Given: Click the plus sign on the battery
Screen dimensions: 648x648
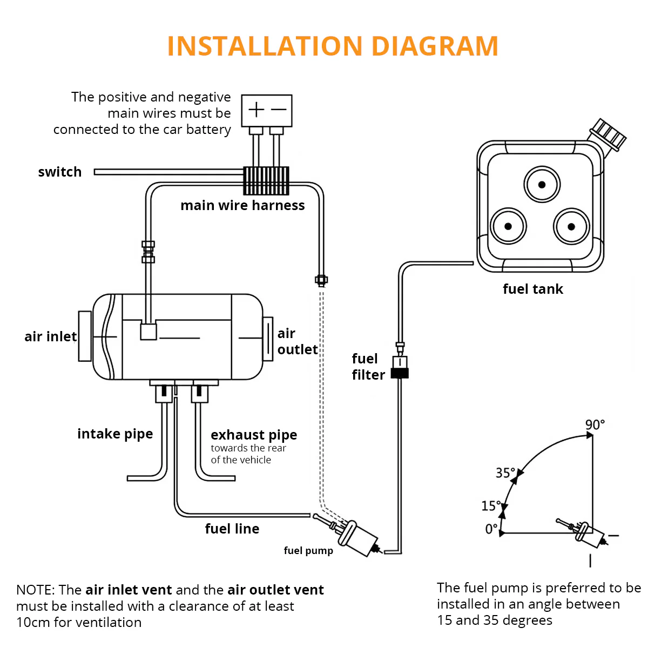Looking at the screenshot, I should (256, 110).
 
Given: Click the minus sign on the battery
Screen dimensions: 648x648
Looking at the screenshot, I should (279, 110).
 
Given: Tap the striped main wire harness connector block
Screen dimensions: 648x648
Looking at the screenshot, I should (266, 180).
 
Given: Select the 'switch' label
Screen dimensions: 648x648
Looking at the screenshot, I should (60, 172).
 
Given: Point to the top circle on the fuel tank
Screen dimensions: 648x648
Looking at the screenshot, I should (542, 185).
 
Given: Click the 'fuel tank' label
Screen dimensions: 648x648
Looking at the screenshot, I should (532, 289).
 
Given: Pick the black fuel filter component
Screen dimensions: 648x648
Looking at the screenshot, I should (400, 372).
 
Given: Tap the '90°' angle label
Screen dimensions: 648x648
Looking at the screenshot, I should (595, 425).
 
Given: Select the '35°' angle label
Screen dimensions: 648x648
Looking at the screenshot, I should (505, 473).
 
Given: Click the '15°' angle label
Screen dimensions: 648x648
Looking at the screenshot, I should (491, 506).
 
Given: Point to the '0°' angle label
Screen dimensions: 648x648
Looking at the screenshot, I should (491, 529).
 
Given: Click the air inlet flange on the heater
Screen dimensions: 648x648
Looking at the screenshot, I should (85, 336).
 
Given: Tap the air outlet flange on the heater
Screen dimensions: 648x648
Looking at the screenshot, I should (268, 339).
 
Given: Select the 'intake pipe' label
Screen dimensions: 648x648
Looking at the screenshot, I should (115, 434).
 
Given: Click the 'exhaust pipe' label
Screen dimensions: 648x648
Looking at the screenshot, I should (254, 435).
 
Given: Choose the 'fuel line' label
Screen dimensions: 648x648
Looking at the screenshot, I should (232, 529).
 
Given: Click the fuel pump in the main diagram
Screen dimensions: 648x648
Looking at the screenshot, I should (356, 537).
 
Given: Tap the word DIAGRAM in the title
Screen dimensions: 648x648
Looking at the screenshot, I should (435, 46).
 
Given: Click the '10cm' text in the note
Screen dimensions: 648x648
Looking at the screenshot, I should (33, 623).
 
